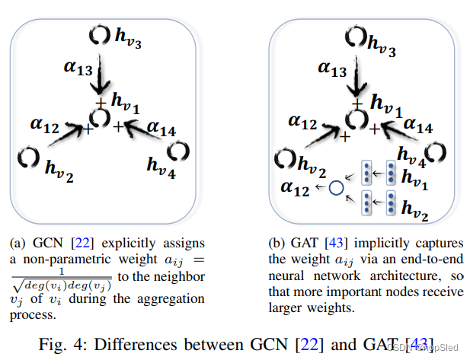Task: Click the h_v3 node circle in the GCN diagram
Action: coord(99,35)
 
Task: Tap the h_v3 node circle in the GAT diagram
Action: coord(356,36)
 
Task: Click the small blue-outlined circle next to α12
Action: coord(335,186)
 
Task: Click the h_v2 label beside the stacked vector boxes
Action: coord(416,208)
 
